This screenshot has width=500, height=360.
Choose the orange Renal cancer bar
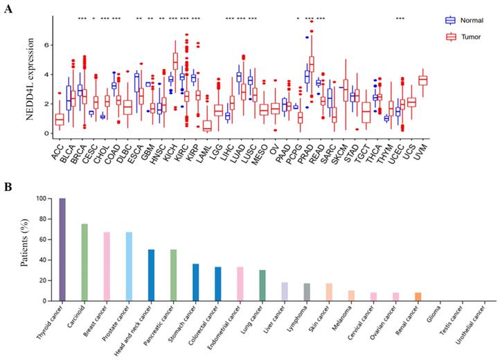[x=417, y=296]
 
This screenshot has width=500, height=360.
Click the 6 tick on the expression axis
[x=46, y=44]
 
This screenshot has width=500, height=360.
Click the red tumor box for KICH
[x=176, y=61]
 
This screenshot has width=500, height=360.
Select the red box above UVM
[x=422, y=80]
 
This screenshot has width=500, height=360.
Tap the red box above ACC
[x=60, y=120]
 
